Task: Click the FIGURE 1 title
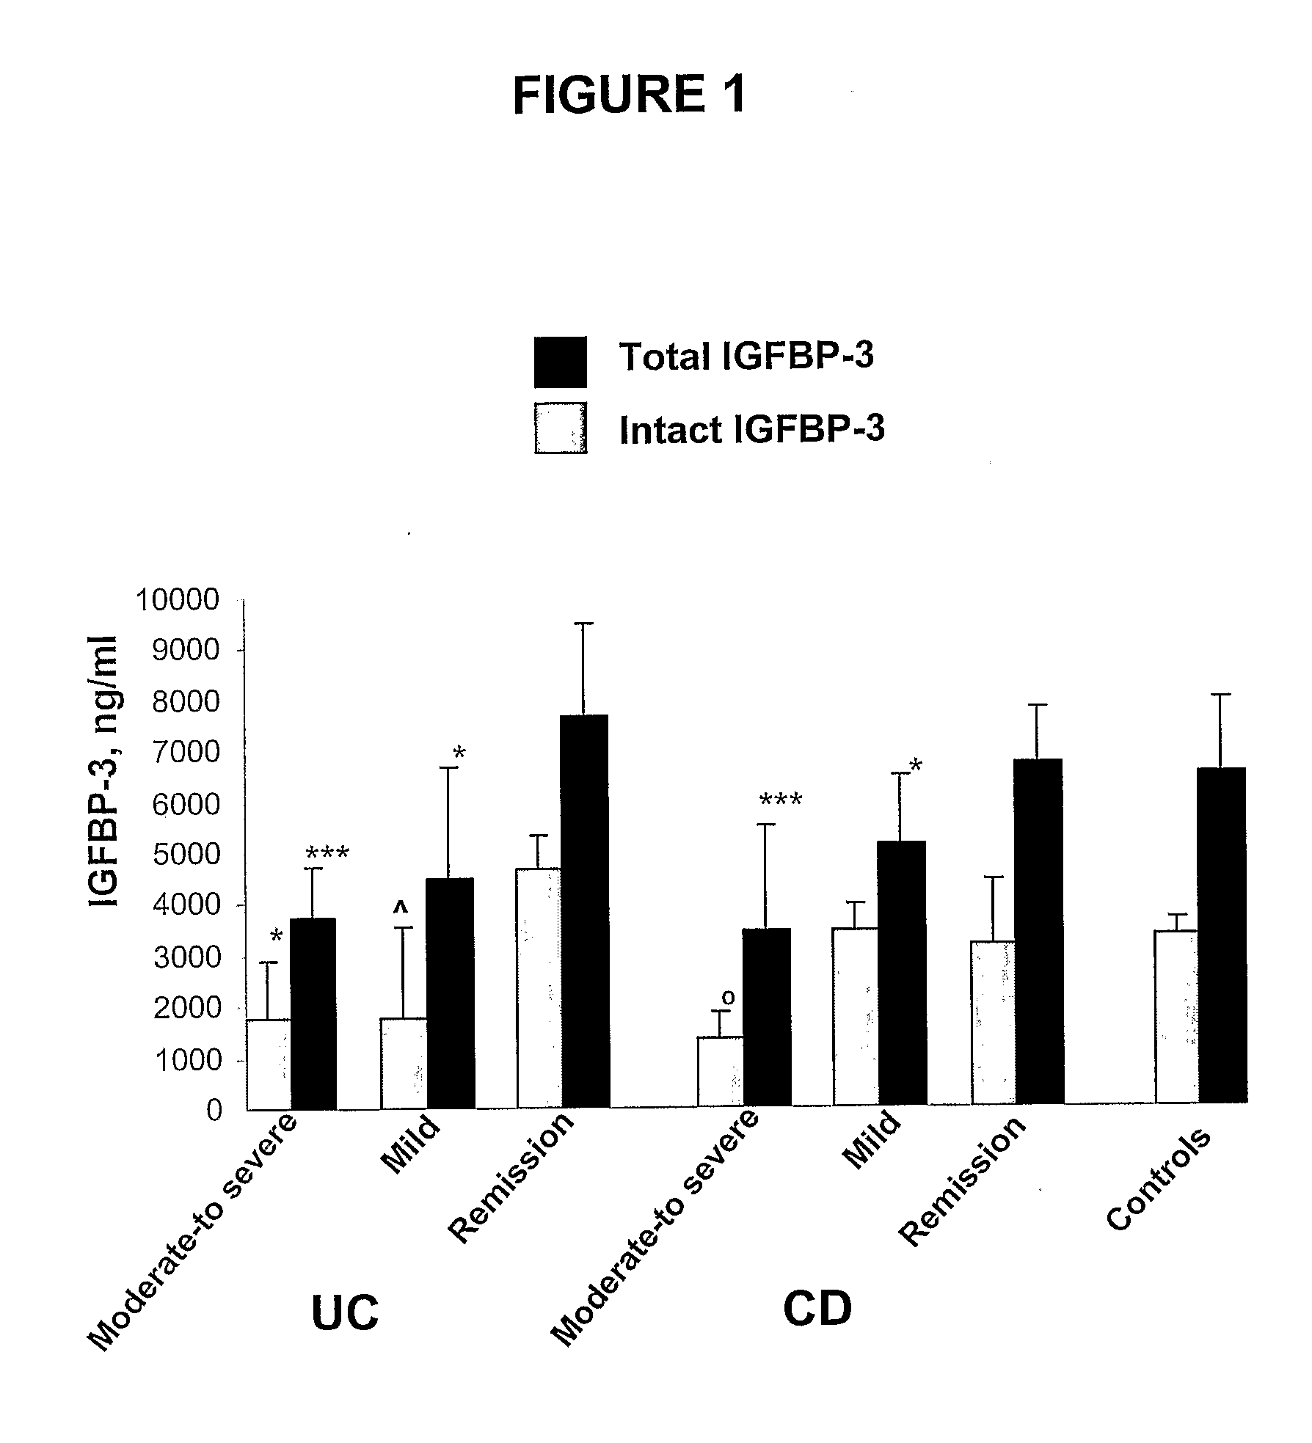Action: (629, 95)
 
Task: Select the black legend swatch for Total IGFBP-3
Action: (560, 362)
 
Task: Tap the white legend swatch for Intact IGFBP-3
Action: (560, 428)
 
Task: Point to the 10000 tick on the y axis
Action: (178, 600)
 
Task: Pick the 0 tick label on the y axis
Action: (213, 1111)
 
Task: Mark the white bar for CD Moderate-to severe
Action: (721, 1071)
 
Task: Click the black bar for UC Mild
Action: (451, 993)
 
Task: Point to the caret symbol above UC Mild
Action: (401, 907)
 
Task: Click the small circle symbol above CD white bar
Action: (729, 997)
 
